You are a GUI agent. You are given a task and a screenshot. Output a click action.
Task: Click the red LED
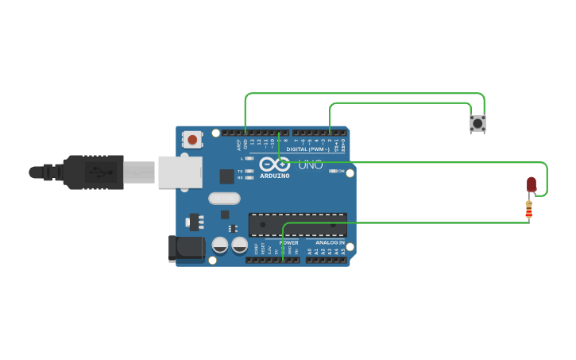pos(532,184)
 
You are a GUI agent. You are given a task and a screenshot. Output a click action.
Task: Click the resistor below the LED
pos(529,210)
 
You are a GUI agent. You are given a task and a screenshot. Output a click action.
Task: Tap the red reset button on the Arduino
pos(191,139)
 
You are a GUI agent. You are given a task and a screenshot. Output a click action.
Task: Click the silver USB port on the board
pos(180,172)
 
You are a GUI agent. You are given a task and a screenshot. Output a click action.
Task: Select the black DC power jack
pos(187,249)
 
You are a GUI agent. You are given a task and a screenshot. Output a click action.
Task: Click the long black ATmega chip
pos(297,225)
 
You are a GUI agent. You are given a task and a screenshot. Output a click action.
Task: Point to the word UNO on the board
pos(311,165)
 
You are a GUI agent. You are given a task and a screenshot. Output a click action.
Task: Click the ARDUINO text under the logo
pos(274,176)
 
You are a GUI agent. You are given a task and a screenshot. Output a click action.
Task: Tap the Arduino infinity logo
pos(274,165)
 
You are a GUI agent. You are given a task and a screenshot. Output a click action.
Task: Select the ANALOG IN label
pos(330,242)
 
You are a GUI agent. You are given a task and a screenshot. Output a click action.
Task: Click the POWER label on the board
pos(288,242)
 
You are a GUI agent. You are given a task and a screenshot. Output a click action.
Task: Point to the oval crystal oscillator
pos(224,199)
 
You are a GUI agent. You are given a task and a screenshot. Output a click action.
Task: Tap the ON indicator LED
pos(333,171)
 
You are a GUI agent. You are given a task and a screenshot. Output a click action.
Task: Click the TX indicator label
pos(240,171)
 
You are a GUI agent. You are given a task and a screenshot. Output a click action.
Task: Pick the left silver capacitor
pos(220,246)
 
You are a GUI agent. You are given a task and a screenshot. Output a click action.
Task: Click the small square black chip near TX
pos(227,176)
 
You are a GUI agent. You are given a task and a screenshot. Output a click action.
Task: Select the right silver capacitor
pos(239,246)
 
